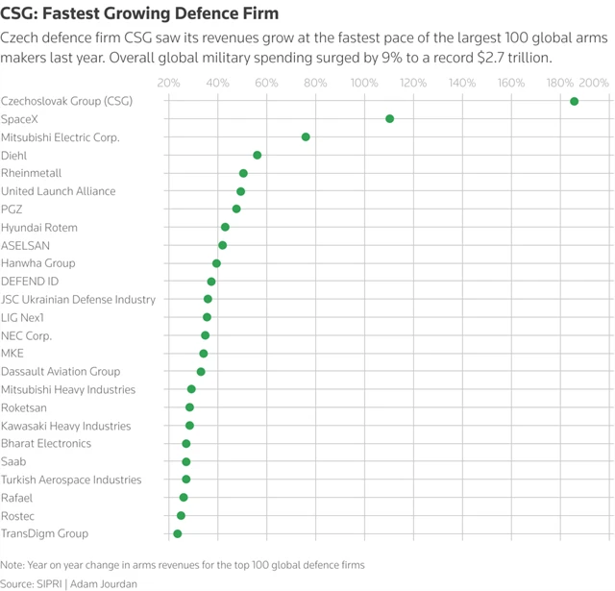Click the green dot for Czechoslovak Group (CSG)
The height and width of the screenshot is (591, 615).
(574, 101)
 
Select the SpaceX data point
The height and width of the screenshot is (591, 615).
(389, 118)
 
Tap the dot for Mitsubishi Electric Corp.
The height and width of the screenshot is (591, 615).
(306, 136)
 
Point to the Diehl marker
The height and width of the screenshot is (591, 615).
(257, 155)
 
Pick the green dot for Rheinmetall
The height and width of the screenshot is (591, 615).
(243, 173)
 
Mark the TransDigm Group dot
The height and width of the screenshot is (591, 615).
(177, 533)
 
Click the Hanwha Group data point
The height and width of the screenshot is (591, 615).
(216, 263)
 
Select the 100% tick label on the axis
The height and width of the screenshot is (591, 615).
(364, 83)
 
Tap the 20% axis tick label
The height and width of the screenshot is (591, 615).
(168, 83)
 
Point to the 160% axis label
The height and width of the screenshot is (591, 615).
(511, 83)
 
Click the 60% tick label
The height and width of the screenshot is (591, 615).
(266, 83)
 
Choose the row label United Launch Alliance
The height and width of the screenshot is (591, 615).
(58, 191)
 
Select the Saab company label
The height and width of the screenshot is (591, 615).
(12, 461)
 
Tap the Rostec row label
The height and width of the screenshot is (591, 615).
(17, 516)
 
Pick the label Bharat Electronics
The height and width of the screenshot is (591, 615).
(46, 444)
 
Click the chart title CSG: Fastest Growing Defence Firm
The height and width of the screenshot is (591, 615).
(139, 13)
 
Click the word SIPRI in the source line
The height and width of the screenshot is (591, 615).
(51, 583)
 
